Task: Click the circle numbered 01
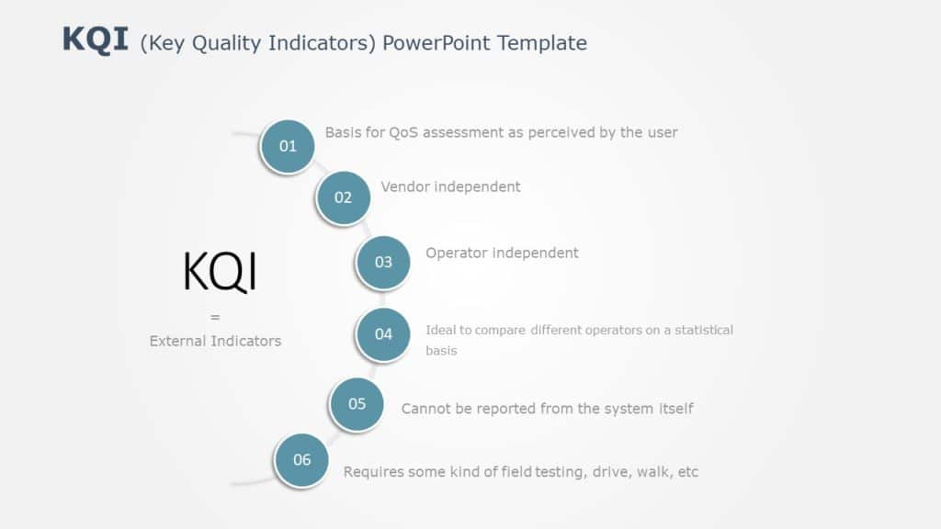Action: point(288,146)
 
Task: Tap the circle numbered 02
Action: point(343,197)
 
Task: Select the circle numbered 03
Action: point(383,262)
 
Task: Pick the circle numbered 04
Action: point(383,334)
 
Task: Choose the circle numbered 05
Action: point(357,404)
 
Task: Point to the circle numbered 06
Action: point(301,460)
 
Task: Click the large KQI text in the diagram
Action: point(220,273)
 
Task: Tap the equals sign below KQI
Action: point(215,318)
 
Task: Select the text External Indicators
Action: point(215,341)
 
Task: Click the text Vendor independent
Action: point(450,187)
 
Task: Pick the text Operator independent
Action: point(502,253)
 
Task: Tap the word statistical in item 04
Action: point(702,331)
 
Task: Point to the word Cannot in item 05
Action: point(426,409)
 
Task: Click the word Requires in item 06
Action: point(373,472)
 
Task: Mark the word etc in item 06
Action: point(687,472)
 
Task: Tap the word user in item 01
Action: point(662,132)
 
